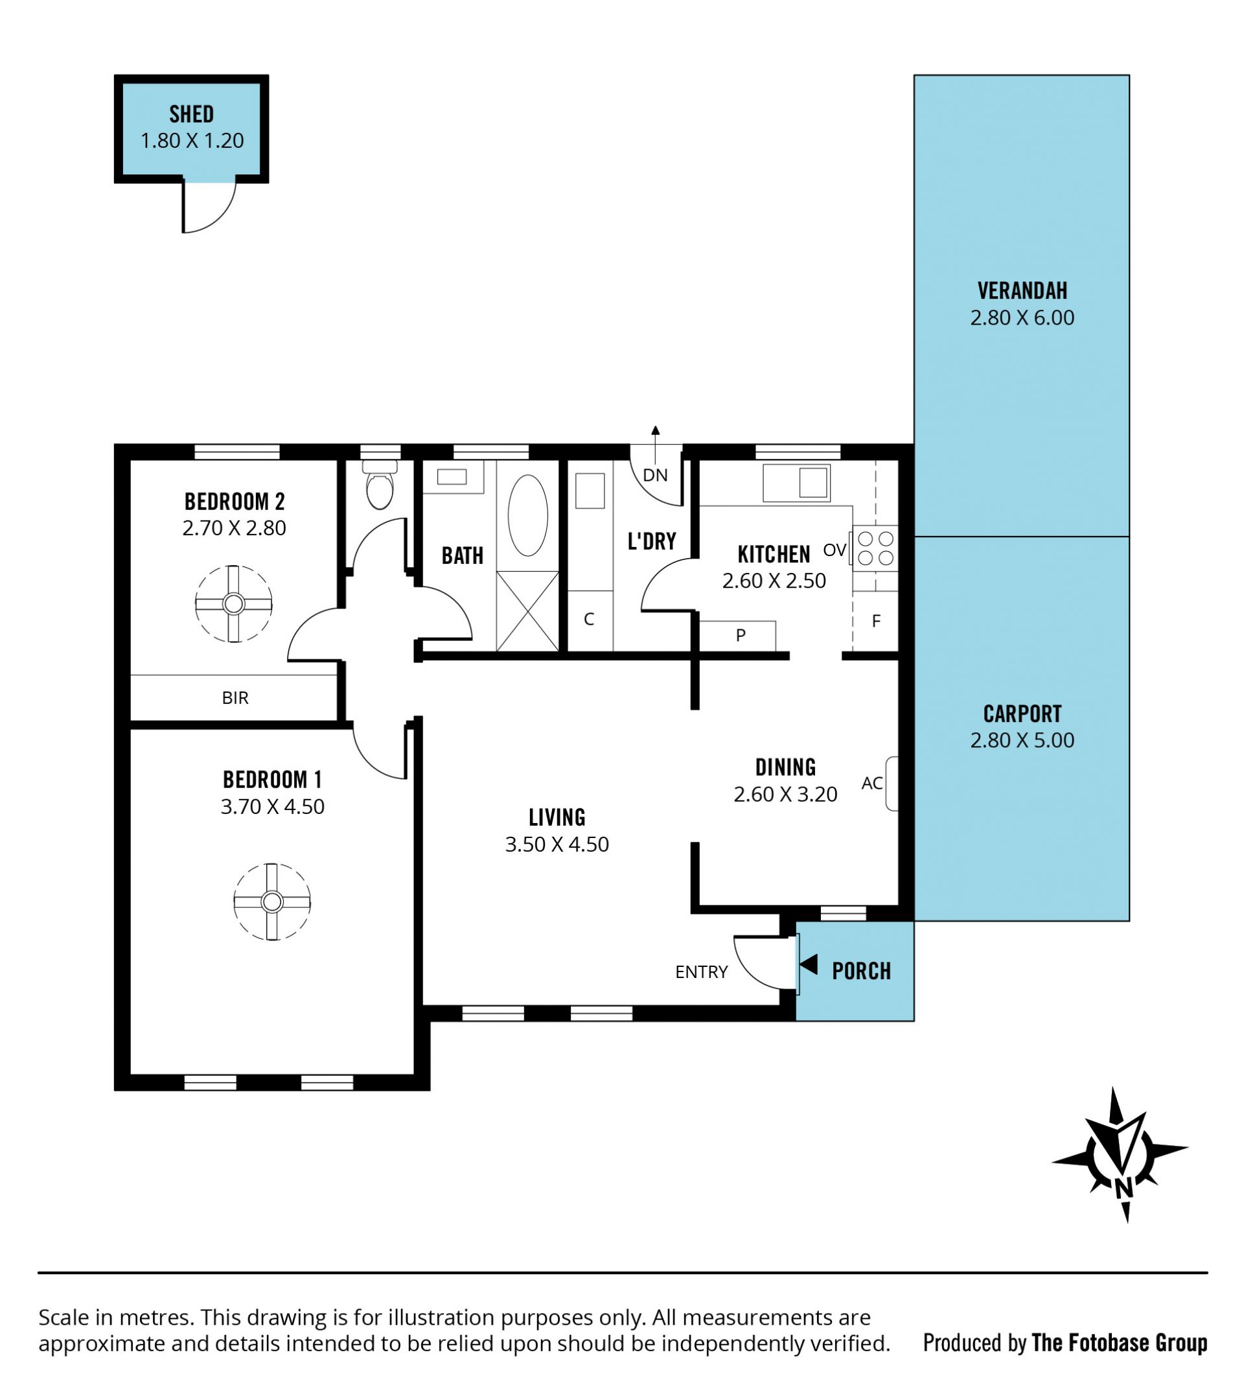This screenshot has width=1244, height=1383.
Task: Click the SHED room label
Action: point(191,113)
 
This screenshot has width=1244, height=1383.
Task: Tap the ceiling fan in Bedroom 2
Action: point(234,603)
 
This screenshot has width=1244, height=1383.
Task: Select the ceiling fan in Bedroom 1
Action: point(272,901)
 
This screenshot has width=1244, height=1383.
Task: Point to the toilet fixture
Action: point(380,484)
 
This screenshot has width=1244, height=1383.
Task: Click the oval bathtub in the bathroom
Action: point(527,515)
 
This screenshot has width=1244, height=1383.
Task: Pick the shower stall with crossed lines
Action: point(527,611)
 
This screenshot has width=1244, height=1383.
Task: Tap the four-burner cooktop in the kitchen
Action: point(875,548)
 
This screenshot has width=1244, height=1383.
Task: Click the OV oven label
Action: point(835,550)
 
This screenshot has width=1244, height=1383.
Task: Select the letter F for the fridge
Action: point(876,621)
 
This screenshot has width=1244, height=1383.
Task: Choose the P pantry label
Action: point(741,635)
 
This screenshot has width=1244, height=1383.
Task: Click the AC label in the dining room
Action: point(871,783)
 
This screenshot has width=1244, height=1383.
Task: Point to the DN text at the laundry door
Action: point(655,475)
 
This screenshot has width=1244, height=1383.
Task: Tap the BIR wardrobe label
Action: point(235,697)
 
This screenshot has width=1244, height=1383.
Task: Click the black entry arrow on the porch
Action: point(809,964)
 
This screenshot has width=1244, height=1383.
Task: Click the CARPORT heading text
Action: point(1022,713)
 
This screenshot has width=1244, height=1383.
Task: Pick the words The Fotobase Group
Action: point(1119,1343)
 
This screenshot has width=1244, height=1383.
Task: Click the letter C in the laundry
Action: point(588,620)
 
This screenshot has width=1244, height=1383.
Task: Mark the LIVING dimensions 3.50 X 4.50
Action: point(557,844)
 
